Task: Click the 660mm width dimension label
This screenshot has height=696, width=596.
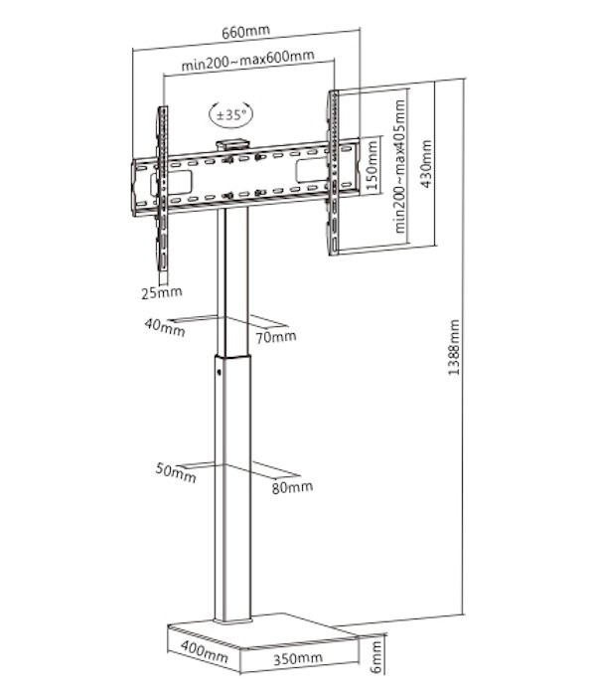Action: pos(246,32)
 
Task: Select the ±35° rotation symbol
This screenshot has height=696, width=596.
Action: pos(231,114)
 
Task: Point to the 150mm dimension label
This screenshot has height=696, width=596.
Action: pos(372,166)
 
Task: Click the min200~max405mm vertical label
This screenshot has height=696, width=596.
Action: pos(400,166)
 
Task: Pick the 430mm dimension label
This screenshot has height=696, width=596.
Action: pos(426,164)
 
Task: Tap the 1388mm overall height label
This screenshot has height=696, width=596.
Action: pos(454,348)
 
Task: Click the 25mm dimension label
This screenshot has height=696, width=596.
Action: pos(162,292)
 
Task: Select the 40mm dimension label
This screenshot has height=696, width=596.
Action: pos(165,328)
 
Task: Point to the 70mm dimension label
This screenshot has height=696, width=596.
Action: pos(276,337)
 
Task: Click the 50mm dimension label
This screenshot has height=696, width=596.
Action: pos(176,472)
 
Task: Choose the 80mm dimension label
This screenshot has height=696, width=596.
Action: pos(292,487)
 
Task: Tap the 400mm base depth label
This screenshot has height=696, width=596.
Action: pos(205,651)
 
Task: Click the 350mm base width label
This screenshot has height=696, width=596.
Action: pos(298,658)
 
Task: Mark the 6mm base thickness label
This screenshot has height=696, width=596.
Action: pos(376,657)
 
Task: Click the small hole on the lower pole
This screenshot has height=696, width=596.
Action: pos(219,371)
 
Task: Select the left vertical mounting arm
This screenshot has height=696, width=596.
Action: pos(162,188)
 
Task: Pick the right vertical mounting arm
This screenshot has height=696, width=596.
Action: pos(333,173)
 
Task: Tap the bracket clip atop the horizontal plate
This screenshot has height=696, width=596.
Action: pos(232,145)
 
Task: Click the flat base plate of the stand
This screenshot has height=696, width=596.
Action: pos(262,631)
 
